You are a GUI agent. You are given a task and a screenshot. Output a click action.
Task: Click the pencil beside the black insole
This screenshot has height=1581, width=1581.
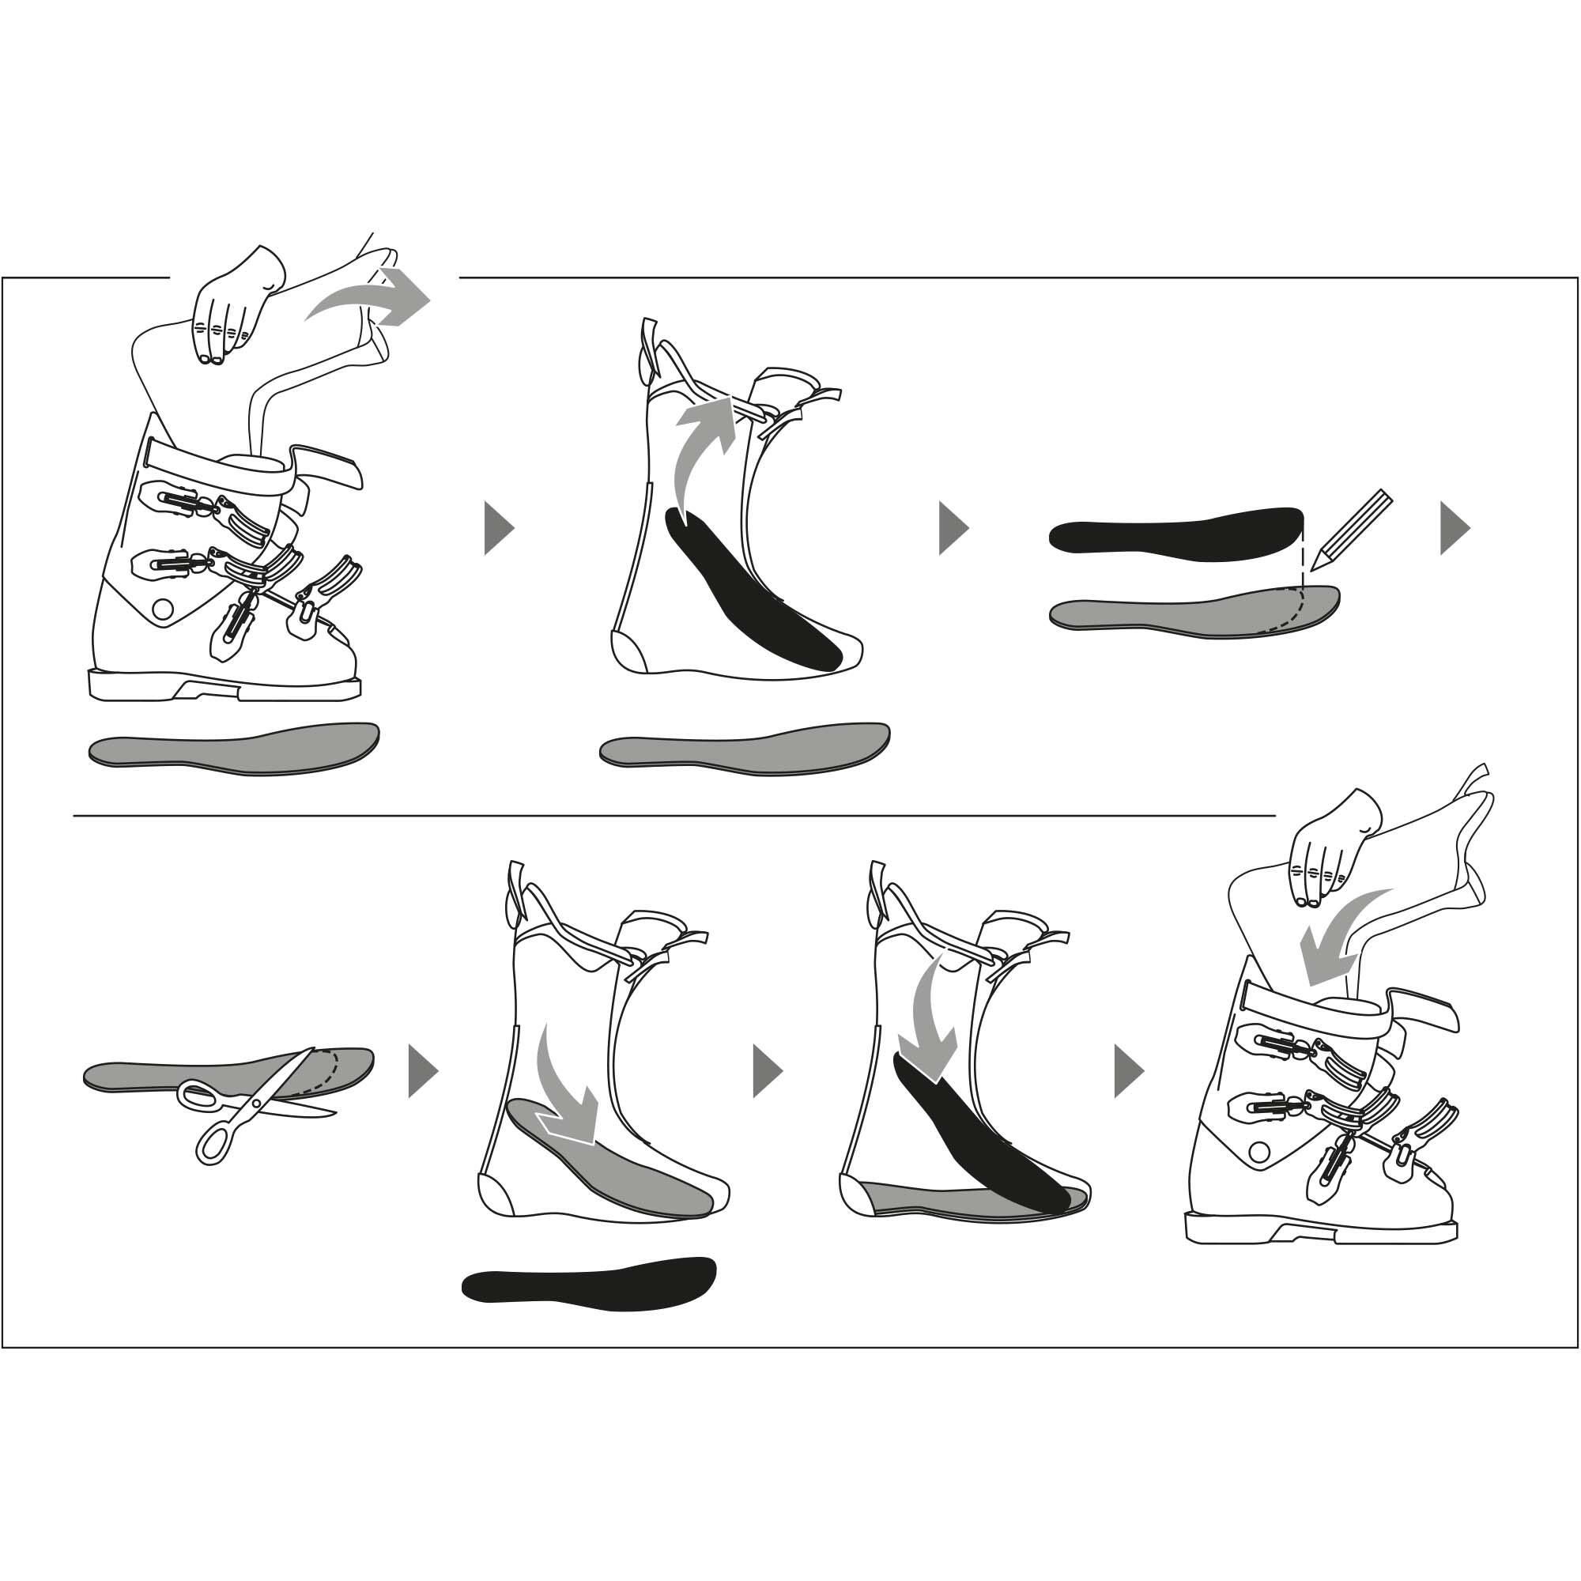coord(1351,530)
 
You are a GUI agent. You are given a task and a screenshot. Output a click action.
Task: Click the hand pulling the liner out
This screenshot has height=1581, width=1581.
coord(232,306)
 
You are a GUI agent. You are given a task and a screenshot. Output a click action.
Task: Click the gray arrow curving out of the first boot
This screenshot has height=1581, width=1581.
coord(372,300)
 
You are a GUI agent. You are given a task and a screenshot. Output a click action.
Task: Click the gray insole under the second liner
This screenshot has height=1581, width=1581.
coord(745,747)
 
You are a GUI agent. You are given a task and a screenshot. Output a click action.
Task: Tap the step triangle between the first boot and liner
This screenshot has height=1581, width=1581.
coord(497,529)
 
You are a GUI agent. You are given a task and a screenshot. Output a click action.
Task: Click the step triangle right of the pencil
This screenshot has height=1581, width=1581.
coord(1455,529)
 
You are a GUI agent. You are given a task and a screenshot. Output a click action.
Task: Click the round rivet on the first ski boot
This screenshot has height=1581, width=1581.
coord(163,609)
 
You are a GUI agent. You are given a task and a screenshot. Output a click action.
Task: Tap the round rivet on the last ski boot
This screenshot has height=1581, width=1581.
coord(1259,1153)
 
